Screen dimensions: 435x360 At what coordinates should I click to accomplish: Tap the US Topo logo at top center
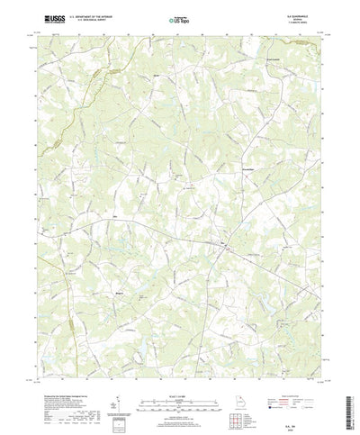click(x=179, y=18)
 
